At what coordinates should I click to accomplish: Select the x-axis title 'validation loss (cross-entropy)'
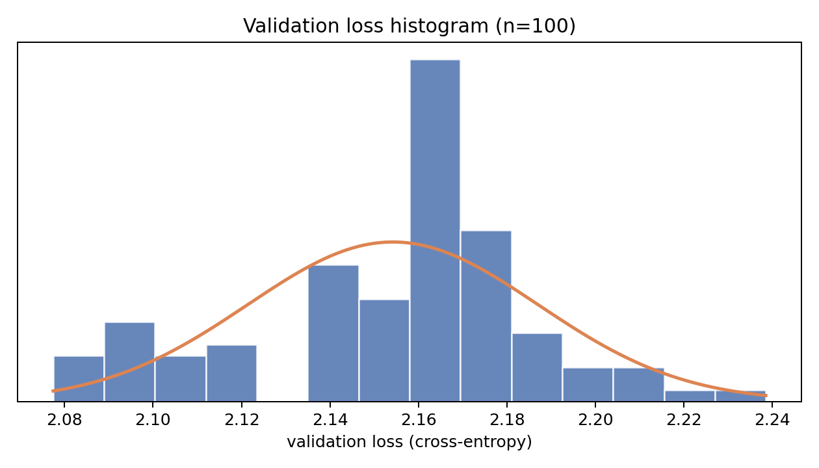(409, 442)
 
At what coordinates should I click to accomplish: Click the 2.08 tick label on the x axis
(64, 420)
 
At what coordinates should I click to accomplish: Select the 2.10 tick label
(153, 420)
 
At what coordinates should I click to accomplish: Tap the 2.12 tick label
(241, 420)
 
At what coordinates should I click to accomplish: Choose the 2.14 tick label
(330, 420)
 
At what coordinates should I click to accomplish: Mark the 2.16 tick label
(418, 420)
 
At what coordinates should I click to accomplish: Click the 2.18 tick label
(507, 420)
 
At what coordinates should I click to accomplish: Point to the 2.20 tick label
(595, 420)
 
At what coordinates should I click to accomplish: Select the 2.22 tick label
(684, 420)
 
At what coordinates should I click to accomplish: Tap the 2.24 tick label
(772, 420)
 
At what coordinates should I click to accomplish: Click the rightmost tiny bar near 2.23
(740, 396)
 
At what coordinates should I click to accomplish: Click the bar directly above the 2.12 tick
(231, 373)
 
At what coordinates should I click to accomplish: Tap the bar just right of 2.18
(537, 367)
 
